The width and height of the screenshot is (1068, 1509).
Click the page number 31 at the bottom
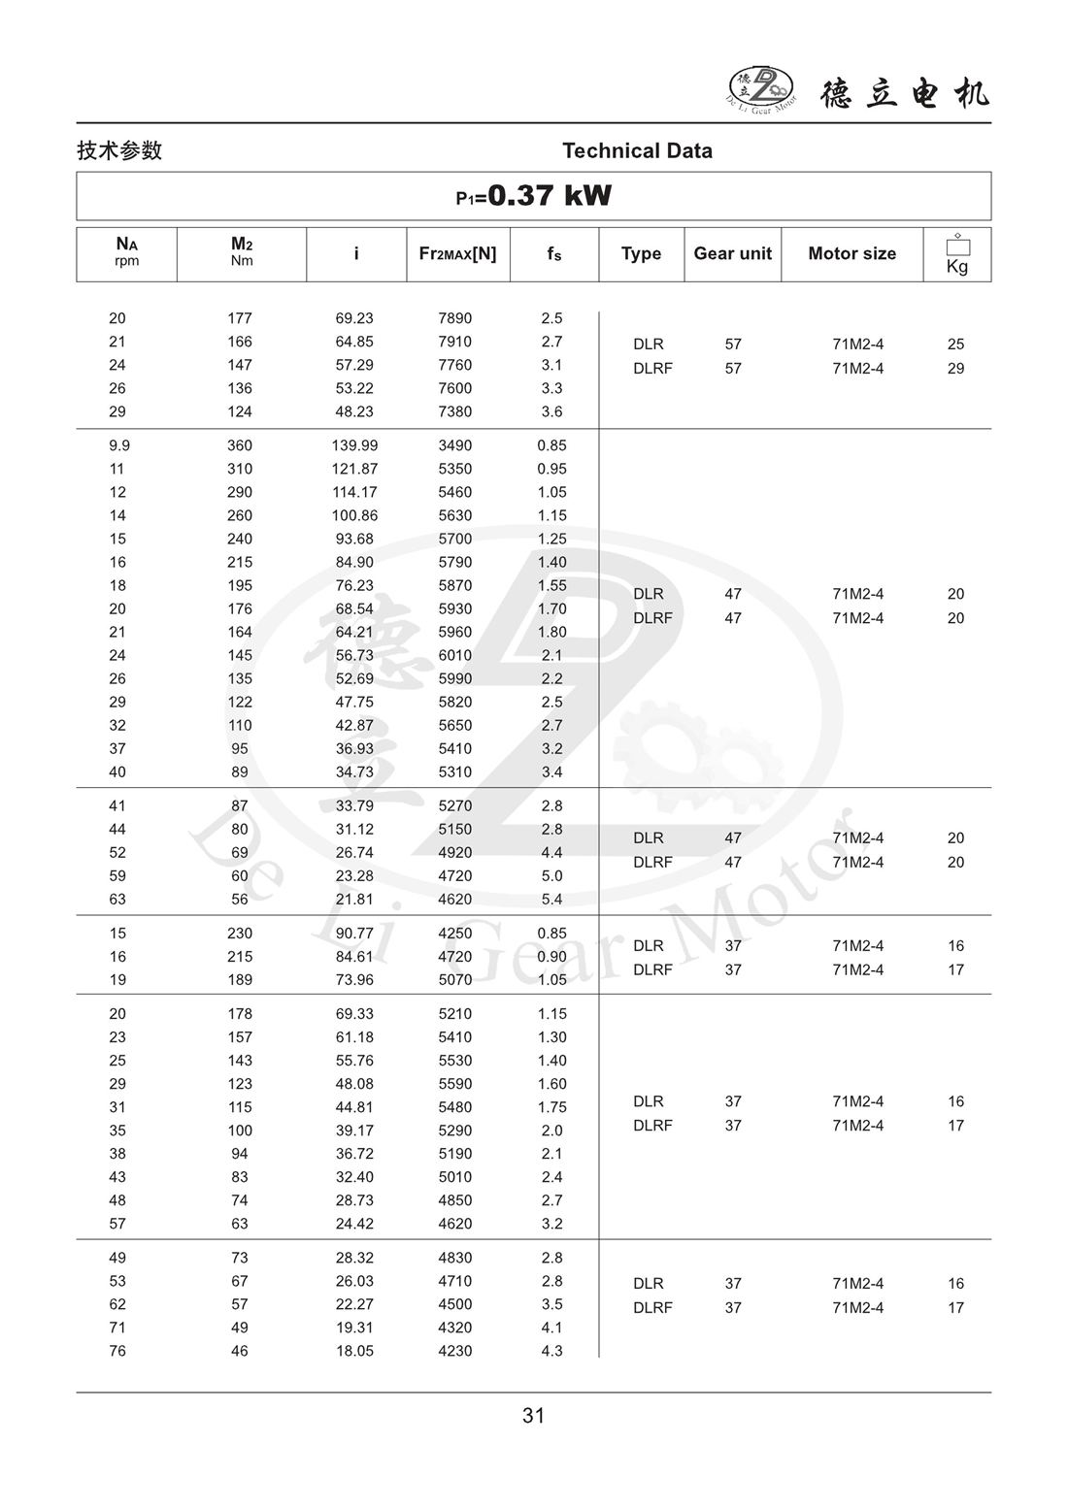(533, 1416)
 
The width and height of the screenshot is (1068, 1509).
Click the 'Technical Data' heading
(637, 150)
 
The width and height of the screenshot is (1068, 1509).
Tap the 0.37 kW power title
(534, 196)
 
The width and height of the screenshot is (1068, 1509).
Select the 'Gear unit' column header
(732, 253)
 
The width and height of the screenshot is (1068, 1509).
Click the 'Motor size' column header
(851, 253)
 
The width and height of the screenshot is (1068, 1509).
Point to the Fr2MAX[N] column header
(457, 253)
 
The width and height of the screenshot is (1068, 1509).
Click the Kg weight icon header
(956, 254)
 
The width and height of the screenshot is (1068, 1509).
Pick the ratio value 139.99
(354, 445)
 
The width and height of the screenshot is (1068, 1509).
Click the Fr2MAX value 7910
(454, 342)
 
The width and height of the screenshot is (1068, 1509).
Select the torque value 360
(239, 445)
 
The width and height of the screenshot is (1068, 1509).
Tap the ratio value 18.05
(354, 1351)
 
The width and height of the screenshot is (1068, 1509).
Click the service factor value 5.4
(551, 899)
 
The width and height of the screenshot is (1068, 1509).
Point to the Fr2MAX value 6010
(454, 655)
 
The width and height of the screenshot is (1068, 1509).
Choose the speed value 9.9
(117, 445)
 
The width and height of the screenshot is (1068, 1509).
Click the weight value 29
(955, 368)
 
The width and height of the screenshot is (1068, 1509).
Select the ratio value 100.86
(354, 515)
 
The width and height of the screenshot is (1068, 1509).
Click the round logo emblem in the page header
(761, 88)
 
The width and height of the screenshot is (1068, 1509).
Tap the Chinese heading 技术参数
(119, 150)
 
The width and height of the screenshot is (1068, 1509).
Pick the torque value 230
(239, 934)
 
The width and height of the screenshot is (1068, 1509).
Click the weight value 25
(955, 344)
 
